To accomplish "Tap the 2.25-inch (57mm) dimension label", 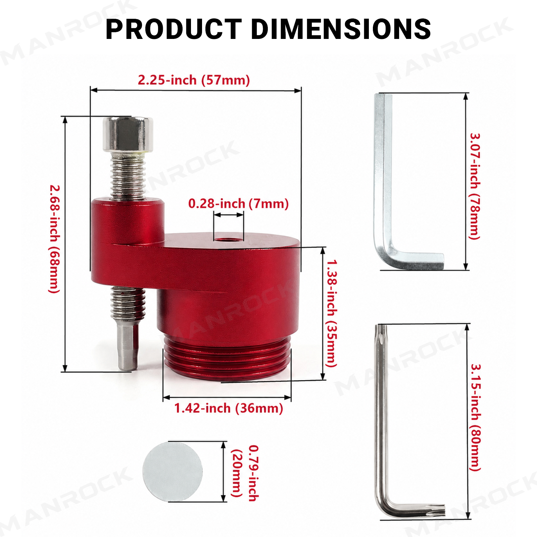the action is pyautogui.click(x=194, y=80).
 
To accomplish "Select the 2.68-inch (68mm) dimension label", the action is pyautogui.click(x=55, y=239).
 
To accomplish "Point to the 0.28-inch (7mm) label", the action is pyautogui.click(x=238, y=203).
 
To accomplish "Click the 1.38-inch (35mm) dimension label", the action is pyautogui.click(x=332, y=313).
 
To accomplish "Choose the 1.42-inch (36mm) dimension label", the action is pyautogui.click(x=229, y=408).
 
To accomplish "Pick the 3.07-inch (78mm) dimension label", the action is pyautogui.click(x=475, y=186).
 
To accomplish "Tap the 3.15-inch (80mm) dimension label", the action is pyautogui.click(x=475, y=418).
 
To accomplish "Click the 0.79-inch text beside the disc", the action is pyautogui.click(x=254, y=473).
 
